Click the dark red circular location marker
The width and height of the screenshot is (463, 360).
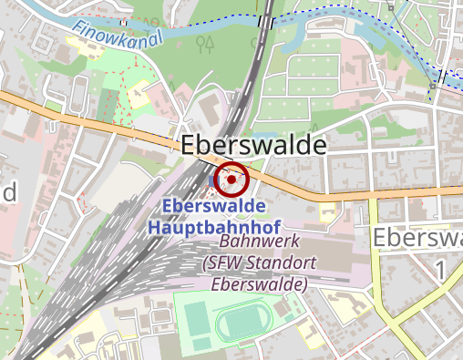pyautogui.click(x=232, y=180)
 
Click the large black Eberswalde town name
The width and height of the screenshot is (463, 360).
pyautogui.click(x=253, y=146)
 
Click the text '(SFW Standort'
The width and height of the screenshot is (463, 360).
pyautogui.click(x=259, y=264)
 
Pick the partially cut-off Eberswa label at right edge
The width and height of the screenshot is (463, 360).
pyautogui.click(x=417, y=239)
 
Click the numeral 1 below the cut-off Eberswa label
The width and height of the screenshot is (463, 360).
pyautogui.click(x=440, y=271)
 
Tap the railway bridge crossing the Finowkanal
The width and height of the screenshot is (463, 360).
pyautogui.click(x=265, y=21)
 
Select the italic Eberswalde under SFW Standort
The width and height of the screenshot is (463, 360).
pyautogui.click(x=259, y=284)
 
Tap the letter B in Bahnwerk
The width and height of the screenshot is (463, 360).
pyautogui.click(x=226, y=243)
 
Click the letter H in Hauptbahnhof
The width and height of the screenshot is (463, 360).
pyautogui.click(x=155, y=225)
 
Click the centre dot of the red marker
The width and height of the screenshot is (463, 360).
pyautogui.click(x=232, y=180)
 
